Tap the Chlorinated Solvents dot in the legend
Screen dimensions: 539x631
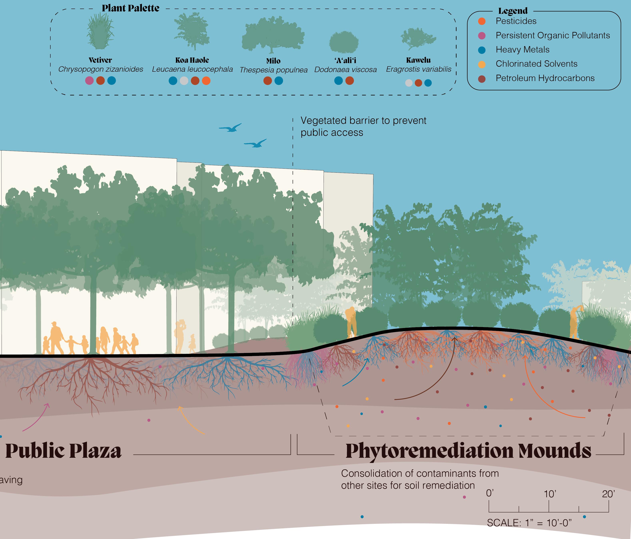(481, 64)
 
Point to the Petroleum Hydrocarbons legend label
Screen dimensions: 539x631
(545, 78)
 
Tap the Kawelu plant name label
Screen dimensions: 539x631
(418, 60)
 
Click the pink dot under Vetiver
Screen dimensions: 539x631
(89, 81)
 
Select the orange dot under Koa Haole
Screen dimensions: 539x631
(206, 81)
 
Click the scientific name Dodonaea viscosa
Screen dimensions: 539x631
(345, 70)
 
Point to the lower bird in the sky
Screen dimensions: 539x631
(255, 144)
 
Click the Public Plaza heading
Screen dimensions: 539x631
(63, 451)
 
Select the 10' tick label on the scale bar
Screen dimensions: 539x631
(550, 494)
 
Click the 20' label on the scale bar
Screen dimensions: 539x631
(608, 494)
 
